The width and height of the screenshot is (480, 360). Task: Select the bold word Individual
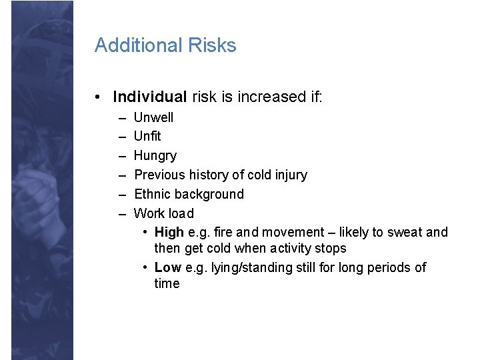coord(150,97)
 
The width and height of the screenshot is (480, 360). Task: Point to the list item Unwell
coord(153,117)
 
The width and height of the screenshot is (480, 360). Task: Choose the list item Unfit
coord(147,137)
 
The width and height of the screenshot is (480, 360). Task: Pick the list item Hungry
coord(155,156)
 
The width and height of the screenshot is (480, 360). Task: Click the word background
coord(212,194)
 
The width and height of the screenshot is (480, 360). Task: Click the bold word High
coord(169,232)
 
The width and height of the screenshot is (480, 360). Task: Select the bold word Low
coord(167,267)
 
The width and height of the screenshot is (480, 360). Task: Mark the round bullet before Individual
coord(98,97)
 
